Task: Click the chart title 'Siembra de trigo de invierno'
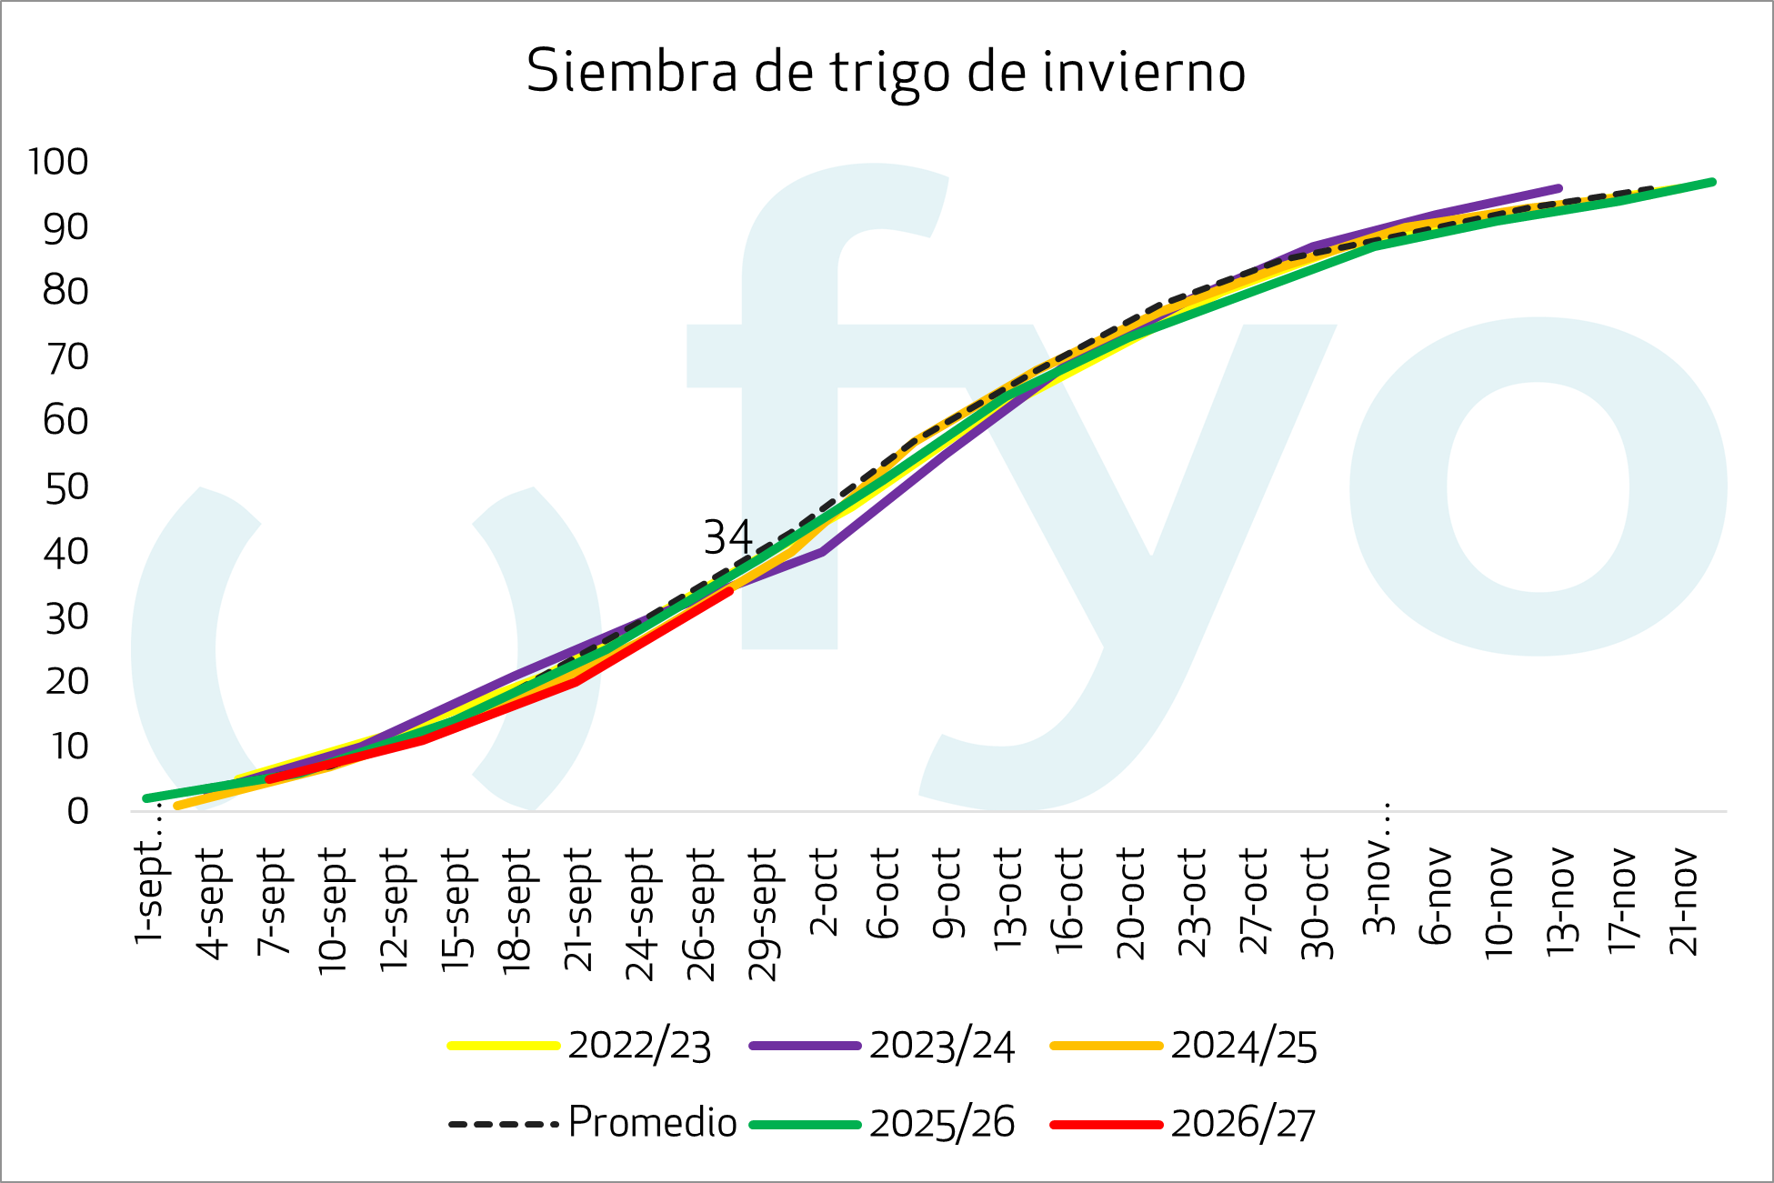coord(886,71)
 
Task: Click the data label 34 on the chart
coord(727,537)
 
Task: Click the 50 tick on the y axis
coord(66,487)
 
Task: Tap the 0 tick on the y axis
coord(77,811)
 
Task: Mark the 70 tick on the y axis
coord(66,357)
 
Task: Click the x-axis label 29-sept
coord(763,914)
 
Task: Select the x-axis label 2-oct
coord(824,892)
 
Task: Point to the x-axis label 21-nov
coord(1684,900)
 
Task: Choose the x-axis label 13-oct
coord(1008,898)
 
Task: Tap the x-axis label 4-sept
coord(211,903)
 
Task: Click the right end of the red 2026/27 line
coord(730,590)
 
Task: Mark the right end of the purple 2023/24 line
coord(1559,188)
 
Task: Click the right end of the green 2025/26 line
coord(1713,182)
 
